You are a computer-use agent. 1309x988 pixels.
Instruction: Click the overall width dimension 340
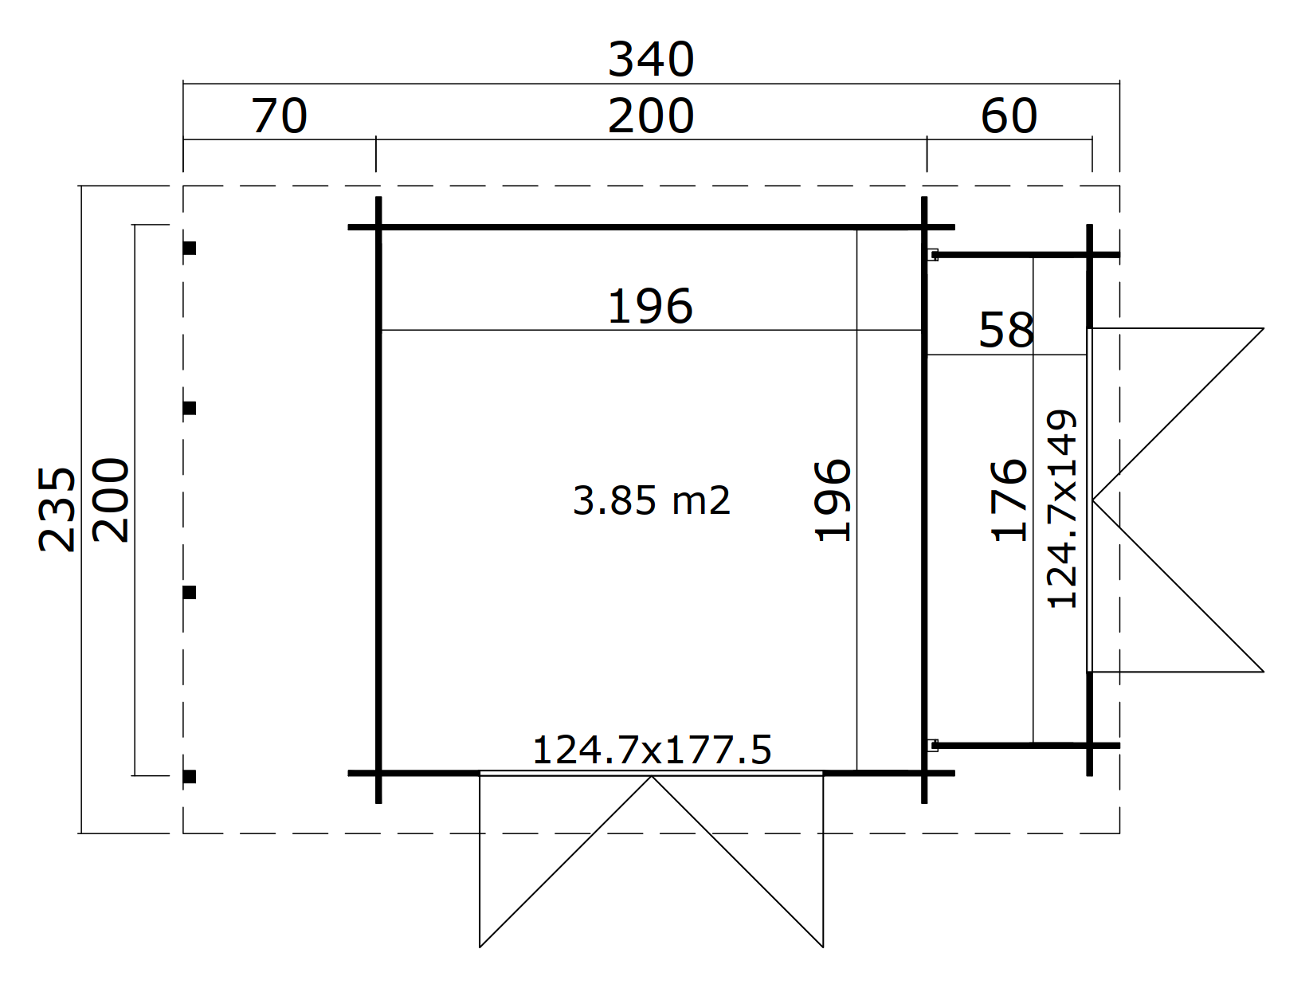(x=651, y=60)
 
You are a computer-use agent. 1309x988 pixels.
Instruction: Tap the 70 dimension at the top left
(x=279, y=116)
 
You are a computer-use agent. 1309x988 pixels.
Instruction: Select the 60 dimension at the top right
(x=1009, y=116)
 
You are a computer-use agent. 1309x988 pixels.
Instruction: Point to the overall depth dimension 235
(x=57, y=509)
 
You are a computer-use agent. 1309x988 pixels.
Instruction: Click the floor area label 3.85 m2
(x=651, y=500)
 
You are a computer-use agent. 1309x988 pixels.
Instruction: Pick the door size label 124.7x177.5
(x=652, y=750)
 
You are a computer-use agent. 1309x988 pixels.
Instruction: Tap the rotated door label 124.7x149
(x=1061, y=508)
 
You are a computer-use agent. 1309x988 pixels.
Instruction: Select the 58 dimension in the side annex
(x=1006, y=330)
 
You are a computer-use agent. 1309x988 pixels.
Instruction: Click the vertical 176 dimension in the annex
(x=1009, y=500)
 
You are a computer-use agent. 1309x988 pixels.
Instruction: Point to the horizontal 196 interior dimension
(x=650, y=307)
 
